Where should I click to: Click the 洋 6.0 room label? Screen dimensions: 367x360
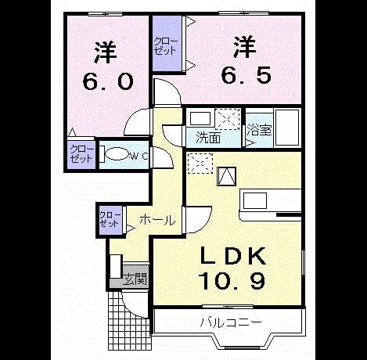(x=108, y=66)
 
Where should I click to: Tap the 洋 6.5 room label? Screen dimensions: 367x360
(x=246, y=60)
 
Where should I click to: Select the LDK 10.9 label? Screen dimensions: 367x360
(x=232, y=268)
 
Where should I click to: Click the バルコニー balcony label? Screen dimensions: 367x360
(x=231, y=322)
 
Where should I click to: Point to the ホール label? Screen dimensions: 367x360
(x=157, y=221)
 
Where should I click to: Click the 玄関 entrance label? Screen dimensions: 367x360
(x=135, y=279)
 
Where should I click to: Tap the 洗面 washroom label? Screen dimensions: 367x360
(x=208, y=138)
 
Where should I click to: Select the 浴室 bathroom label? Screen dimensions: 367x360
(x=260, y=129)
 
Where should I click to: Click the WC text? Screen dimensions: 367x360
(x=139, y=156)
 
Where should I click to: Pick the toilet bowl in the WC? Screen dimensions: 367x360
(x=116, y=154)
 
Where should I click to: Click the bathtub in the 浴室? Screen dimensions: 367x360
(x=287, y=127)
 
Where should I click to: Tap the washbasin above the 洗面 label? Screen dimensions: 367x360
(x=200, y=119)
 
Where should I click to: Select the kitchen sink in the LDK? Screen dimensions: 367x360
(x=255, y=201)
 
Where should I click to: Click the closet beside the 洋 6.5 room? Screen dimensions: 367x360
(x=167, y=43)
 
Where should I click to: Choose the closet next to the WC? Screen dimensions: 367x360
(x=81, y=155)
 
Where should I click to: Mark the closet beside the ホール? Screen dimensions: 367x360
(x=110, y=220)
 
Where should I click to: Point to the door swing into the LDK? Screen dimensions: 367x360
(x=198, y=220)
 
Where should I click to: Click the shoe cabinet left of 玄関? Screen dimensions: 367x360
(x=116, y=266)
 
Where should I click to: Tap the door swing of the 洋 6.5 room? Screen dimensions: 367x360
(x=167, y=92)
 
